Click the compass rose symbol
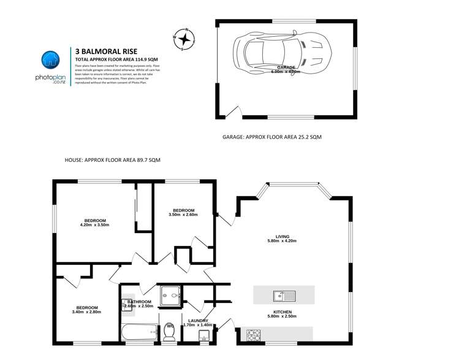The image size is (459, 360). tap(184, 40)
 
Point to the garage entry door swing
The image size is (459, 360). tap(232, 112)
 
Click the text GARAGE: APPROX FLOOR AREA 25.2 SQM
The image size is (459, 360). tap(271, 137)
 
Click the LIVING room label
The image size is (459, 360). tap(282, 238)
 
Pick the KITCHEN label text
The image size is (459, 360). tap(282, 313)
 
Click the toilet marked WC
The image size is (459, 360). tap(171, 332)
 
